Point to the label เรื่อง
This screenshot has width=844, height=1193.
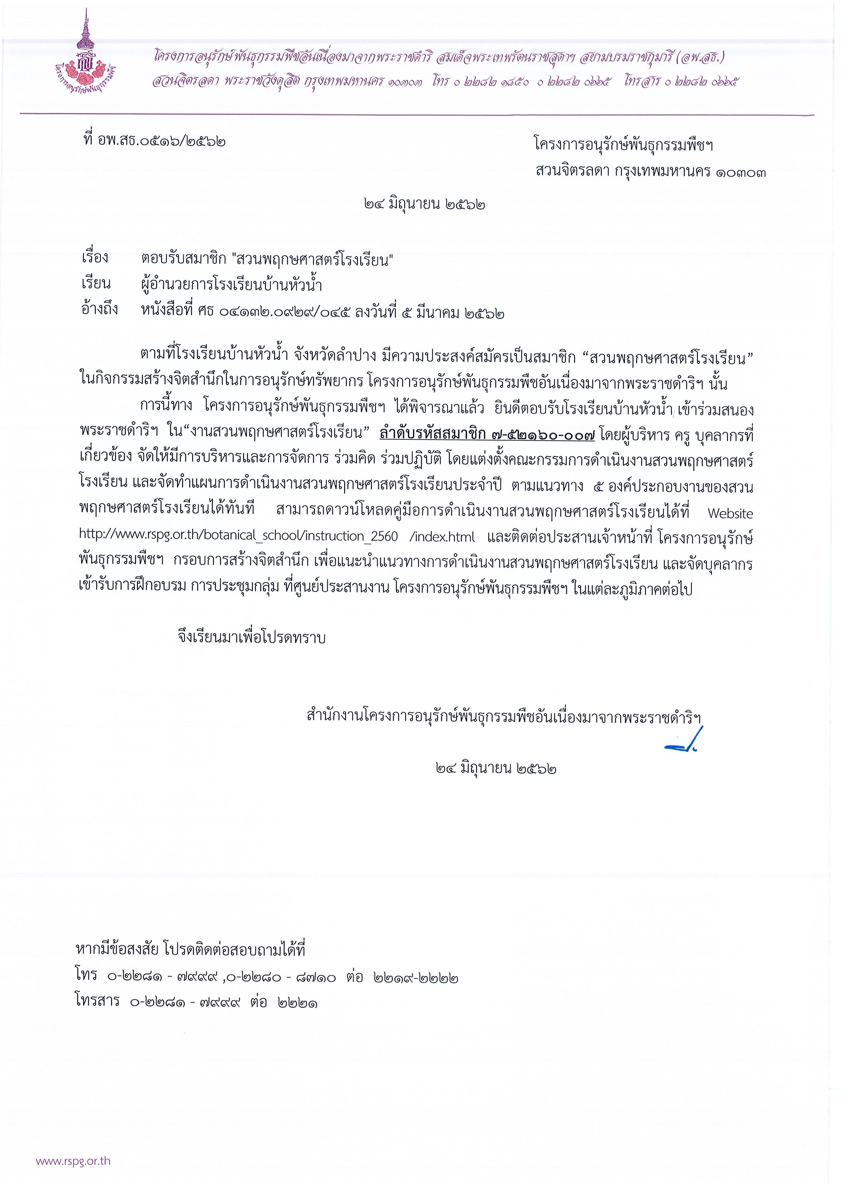tap(95, 258)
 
